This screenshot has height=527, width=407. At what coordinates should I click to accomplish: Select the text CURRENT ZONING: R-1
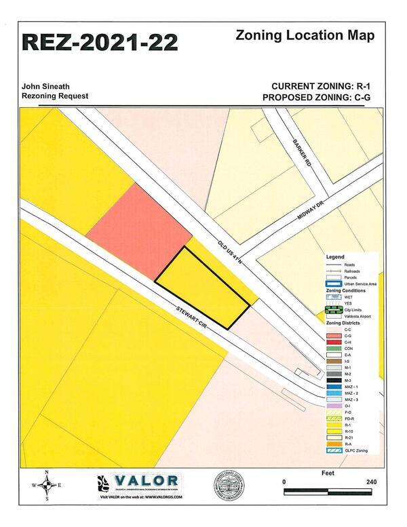click(x=322, y=86)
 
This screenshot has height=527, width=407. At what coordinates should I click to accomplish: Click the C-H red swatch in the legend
click(x=332, y=343)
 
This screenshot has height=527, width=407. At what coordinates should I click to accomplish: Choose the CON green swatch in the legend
click(x=332, y=349)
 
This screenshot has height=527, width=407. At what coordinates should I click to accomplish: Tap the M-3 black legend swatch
click(x=332, y=380)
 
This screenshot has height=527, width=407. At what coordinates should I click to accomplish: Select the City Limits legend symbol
click(x=332, y=310)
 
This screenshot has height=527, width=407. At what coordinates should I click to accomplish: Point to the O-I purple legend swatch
click(x=332, y=406)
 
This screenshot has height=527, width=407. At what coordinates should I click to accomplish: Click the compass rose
click(x=46, y=484)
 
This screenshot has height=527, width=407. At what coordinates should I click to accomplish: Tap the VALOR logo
click(x=139, y=482)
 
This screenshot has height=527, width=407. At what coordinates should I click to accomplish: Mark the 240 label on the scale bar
click(x=370, y=481)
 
